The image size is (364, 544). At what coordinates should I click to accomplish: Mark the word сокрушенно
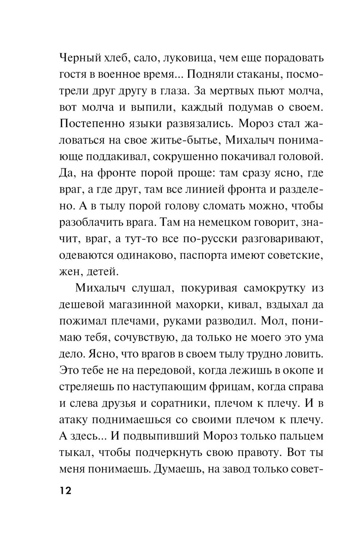pyautogui.click(x=187, y=157)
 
